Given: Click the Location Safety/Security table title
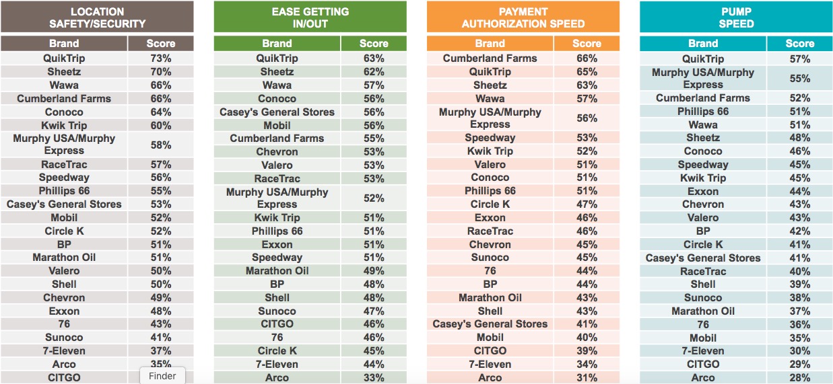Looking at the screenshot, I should click(97, 17).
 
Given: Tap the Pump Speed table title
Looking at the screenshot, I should click(736, 17).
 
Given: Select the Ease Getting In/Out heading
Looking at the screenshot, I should click(310, 17).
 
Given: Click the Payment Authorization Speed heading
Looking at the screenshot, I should click(523, 17).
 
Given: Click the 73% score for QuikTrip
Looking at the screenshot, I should click(160, 59).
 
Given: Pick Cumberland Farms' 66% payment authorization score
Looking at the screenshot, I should click(587, 59).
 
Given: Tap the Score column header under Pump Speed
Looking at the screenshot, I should click(800, 44).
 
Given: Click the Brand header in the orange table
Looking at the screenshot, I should click(490, 44).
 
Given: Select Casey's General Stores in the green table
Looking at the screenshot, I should click(277, 112).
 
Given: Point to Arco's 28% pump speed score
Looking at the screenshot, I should click(800, 377).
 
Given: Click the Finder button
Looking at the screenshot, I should click(162, 376).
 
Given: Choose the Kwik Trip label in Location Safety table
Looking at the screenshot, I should click(64, 125).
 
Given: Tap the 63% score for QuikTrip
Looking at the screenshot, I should click(373, 59).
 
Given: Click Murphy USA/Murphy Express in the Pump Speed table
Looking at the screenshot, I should click(702, 78).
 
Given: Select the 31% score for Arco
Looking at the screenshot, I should click(587, 377).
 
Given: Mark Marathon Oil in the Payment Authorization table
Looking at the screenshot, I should click(490, 297).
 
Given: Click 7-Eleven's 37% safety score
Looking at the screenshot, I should click(160, 350).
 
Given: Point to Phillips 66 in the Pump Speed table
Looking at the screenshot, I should click(702, 111).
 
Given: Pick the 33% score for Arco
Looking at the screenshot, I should click(373, 377).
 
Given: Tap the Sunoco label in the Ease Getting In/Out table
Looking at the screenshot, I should click(277, 311).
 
